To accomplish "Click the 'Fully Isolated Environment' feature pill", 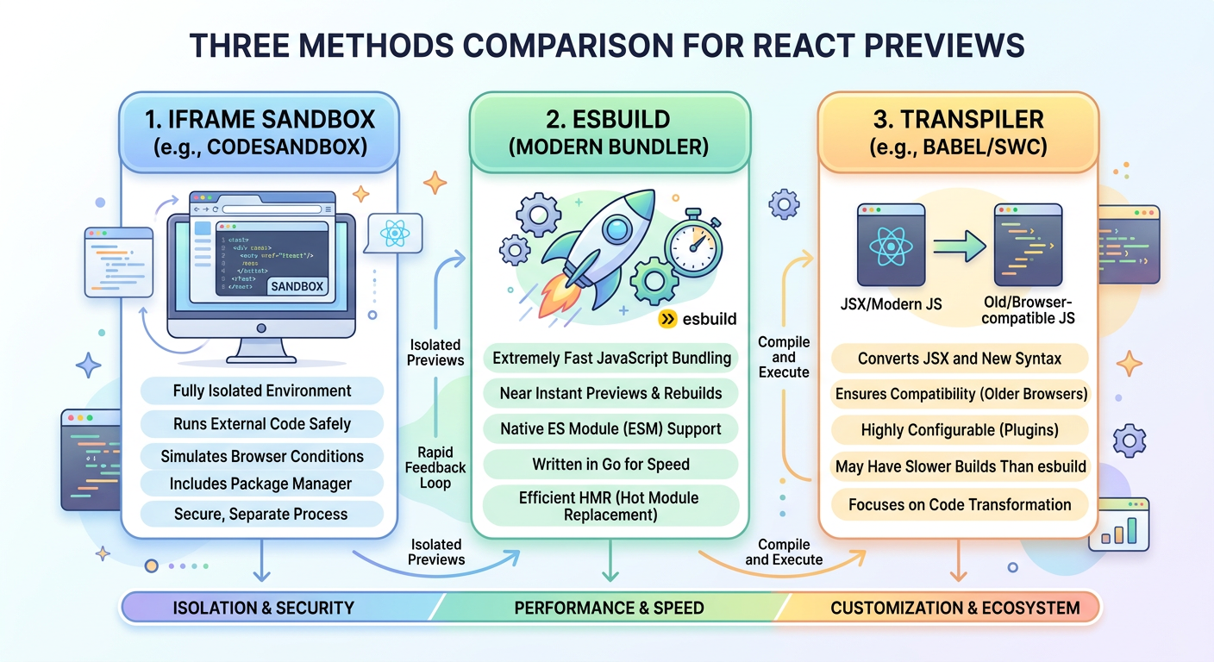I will (261, 390).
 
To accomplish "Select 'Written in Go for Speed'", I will (610, 465).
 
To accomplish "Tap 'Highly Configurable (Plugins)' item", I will (959, 429).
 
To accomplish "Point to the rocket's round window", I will (617, 229).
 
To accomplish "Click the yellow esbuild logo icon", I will (667, 320).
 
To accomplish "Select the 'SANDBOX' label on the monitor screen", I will (297, 286).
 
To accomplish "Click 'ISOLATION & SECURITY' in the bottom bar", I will (263, 608).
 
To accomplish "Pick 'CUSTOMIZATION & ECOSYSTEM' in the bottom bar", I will (954, 608).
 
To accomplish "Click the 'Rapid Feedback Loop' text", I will (435, 467).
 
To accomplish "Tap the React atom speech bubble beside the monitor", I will (393, 232).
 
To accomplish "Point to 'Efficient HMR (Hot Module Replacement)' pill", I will (610, 506).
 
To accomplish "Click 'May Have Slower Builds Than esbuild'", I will (959, 467).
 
